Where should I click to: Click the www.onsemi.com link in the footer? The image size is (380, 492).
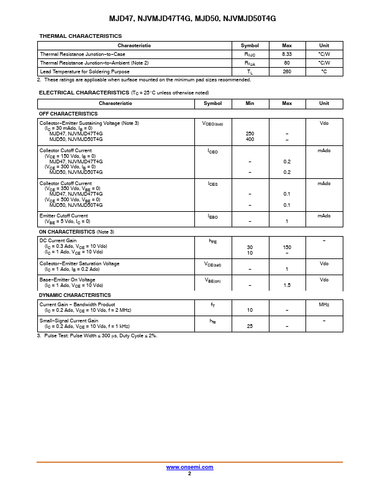tap(189, 467)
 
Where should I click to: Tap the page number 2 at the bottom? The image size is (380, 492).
tap(189, 473)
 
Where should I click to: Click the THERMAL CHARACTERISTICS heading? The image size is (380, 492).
tap(80, 37)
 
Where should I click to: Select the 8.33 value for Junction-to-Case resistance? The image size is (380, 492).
tap(287, 54)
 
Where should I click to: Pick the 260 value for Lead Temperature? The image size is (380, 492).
tap(287, 71)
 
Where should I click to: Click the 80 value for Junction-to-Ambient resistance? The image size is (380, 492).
tap(287, 63)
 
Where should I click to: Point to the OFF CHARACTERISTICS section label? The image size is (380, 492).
tap(68, 114)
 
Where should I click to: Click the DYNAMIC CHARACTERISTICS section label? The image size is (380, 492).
tap(75, 295)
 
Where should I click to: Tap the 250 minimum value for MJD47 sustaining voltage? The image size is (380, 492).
tap(250, 134)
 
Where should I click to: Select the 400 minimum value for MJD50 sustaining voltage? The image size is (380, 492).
tap(250, 139)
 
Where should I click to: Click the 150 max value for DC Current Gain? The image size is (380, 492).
tap(287, 247)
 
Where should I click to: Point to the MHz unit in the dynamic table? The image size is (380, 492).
tap(324, 304)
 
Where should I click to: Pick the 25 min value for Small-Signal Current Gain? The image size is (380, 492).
tap(250, 326)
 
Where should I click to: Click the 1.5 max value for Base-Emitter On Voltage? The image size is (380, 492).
tap(287, 285)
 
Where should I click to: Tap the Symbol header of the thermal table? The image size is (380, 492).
tap(250, 45)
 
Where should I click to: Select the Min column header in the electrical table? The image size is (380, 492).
tap(250, 103)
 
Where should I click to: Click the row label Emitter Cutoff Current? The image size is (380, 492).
tap(63, 216)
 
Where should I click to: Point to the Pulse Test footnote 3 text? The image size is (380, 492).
tap(99, 335)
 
